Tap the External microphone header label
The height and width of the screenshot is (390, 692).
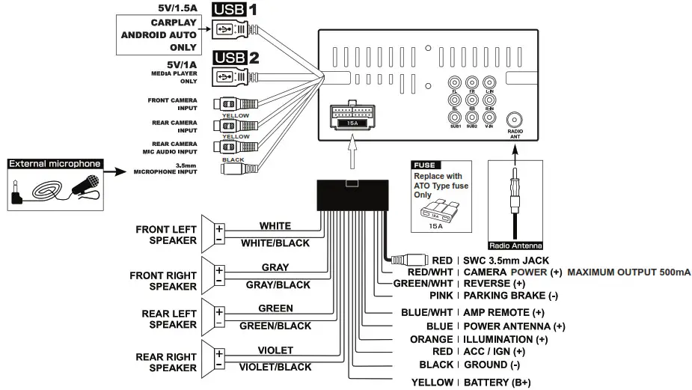[x=54, y=164]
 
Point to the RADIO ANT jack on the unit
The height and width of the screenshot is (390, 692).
[x=515, y=121]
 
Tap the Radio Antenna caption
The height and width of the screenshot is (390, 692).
[x=515, y=245]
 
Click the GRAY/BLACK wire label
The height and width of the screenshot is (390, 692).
[x=275, y=284]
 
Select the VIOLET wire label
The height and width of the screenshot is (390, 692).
[x=275, y=350]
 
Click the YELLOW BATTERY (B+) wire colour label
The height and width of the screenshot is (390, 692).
[x=433, y=383]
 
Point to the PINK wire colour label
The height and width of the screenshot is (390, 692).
[x=441, y=296]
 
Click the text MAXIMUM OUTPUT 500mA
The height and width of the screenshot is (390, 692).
[x=628, y=272]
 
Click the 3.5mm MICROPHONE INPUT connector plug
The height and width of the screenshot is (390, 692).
[x=238, y=169]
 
